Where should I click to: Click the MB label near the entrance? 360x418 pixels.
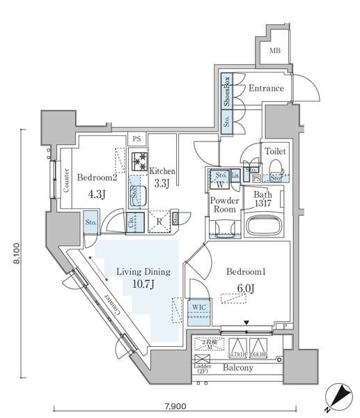pyautogui.click(x=275, y=50)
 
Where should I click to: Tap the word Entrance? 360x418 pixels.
pyautogui.click(x=267, y=88)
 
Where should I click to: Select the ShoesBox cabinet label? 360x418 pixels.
pyautogui.click(x=227, y=92)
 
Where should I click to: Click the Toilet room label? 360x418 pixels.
pyautogui.click(x=274, y=151)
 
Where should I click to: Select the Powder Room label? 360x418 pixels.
pyautogui.click(x=224, y=204)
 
